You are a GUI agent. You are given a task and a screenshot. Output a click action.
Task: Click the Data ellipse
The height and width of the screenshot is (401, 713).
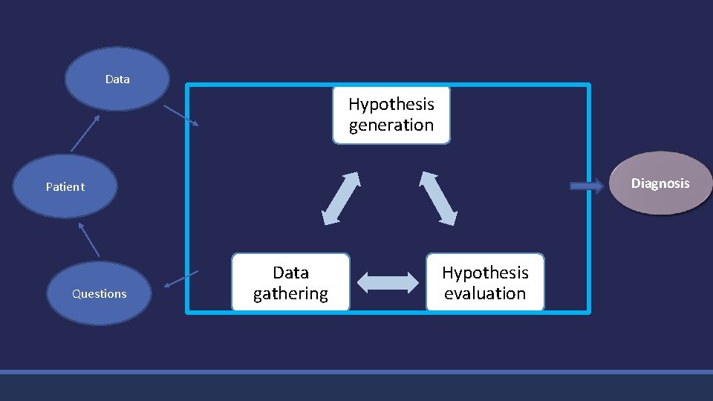pos(117,79)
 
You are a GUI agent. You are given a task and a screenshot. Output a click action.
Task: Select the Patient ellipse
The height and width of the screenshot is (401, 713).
pos(65,186)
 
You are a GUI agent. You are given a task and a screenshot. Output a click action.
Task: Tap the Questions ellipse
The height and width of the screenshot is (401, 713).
pos(99,293)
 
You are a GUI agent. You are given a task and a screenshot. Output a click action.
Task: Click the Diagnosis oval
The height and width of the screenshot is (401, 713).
pos(660,183)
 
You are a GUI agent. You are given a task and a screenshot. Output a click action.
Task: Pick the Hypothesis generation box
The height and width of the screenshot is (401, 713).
pos(391,114)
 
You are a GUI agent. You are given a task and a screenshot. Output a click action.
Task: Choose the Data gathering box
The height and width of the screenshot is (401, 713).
pos(290,283)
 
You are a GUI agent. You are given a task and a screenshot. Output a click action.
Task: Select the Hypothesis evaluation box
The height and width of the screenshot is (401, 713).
pos(485,283)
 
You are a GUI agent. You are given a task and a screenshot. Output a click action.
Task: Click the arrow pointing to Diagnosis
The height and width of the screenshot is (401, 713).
pos(587,186)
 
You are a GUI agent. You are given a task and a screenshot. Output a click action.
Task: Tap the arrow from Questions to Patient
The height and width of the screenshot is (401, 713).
pos(88,239)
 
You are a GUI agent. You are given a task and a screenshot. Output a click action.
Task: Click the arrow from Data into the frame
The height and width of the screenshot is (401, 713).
pos(180,115)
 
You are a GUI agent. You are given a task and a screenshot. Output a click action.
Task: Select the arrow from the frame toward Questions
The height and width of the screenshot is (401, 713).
pos(180,278)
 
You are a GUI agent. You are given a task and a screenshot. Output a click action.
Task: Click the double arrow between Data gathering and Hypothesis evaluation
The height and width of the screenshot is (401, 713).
pos(388,282)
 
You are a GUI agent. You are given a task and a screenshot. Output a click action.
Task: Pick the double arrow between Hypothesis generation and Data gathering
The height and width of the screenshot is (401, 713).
pos(341,198)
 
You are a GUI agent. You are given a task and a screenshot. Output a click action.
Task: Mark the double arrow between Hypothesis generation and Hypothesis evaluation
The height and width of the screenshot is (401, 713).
pos(439,198)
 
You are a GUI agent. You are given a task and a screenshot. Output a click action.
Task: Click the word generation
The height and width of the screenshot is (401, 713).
pos(391,125)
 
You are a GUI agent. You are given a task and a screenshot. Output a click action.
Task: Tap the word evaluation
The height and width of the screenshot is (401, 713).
pos(485,293)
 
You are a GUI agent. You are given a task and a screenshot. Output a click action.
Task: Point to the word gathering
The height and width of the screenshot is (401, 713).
pos(290,294)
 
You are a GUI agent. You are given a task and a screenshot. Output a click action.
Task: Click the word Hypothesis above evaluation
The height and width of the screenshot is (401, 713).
pos(485,273)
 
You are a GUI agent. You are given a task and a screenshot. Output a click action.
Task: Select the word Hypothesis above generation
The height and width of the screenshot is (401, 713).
pos(391,104)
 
